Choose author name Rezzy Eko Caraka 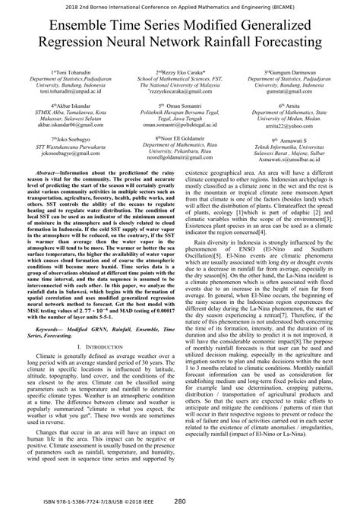point(183,71)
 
